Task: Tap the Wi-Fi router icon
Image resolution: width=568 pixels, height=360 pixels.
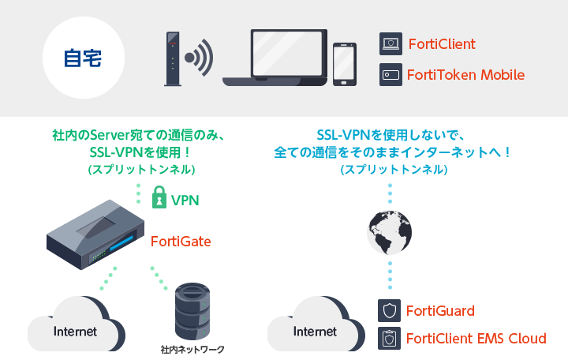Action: [172, 58]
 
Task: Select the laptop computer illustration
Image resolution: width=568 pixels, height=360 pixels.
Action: [275, 58]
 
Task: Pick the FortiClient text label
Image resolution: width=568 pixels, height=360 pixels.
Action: [442, 44]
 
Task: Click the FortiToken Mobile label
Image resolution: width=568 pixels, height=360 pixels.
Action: [465, 75]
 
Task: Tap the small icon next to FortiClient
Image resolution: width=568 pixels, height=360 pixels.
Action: [390, 43]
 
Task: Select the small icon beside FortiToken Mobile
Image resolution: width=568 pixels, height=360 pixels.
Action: [390, 75]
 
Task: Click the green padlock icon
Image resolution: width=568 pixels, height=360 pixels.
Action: [159, 199]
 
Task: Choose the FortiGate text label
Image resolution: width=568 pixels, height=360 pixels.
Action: [181, 241]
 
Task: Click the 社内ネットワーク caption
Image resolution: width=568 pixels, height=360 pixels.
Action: [192, 349]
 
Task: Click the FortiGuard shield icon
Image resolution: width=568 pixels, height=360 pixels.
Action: [388, 309]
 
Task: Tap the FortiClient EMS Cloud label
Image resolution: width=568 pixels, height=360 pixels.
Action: [476, 339]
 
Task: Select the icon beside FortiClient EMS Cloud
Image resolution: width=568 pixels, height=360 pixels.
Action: [388, 339]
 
